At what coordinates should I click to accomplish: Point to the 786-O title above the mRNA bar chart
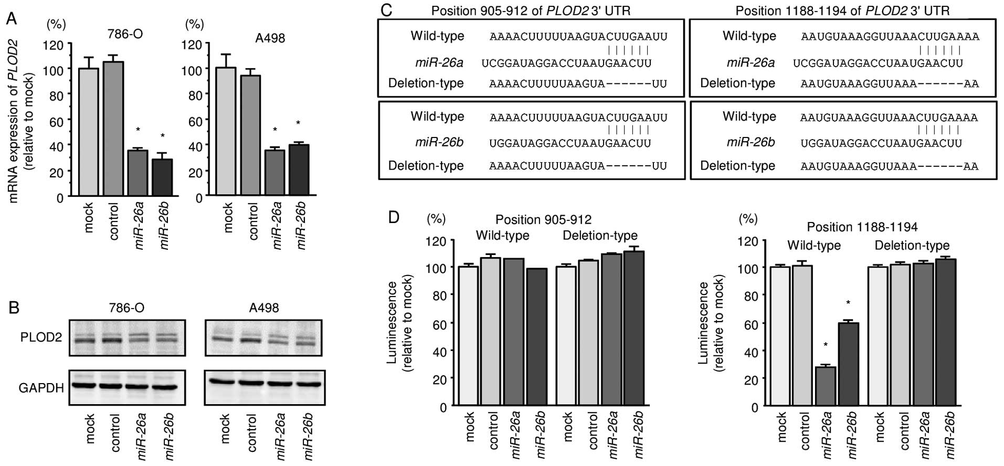pos(125,35)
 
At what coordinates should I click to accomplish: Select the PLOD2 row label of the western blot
pos(41,337)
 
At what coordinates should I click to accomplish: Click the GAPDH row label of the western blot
pos(41,388)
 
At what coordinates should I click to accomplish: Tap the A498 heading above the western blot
pos(263,308)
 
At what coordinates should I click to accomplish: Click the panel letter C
pos(386,10)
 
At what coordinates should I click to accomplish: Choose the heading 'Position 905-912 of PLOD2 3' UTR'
pos(531,10)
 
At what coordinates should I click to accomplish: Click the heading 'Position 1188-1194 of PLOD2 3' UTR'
pos(842,10)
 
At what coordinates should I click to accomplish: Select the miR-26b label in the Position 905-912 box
pos(439,142)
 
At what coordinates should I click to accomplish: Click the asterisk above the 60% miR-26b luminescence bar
pos(848,303)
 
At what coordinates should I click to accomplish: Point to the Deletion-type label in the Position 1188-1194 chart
pos(912,245)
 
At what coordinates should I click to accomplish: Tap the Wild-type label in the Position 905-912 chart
pos(502,236)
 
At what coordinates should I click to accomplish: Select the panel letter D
pos(394,217)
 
